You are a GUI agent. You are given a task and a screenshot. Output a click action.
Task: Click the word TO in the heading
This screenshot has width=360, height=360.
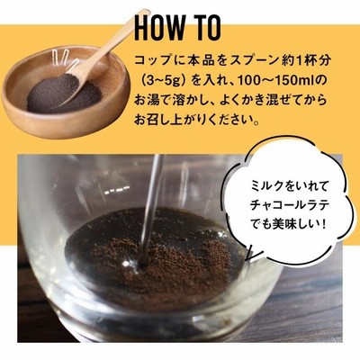point(206,28)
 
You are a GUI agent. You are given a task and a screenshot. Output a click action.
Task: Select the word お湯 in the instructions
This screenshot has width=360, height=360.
point(147,101)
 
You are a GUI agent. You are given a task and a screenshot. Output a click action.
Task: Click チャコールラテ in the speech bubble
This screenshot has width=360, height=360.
point(290,205)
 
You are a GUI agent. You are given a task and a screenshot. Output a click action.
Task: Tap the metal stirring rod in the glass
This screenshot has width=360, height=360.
point(150,210)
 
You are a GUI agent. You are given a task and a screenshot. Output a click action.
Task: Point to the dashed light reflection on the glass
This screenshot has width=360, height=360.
point(118,190)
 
